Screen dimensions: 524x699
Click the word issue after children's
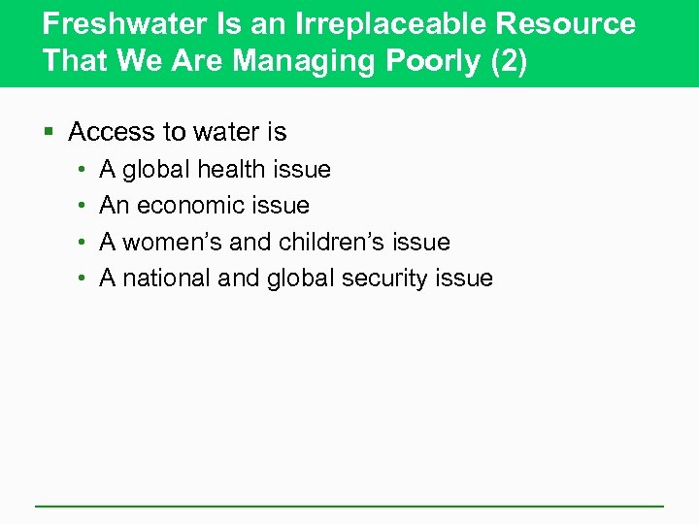coord(421,242)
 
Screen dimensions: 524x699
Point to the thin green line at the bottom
coord(349,506)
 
